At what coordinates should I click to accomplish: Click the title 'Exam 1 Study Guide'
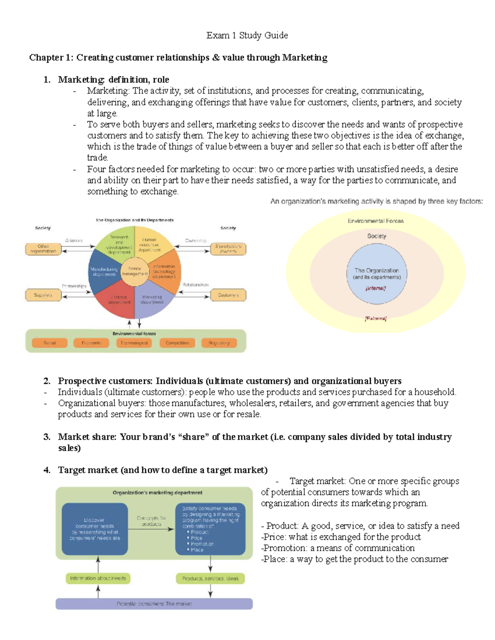(247, 35)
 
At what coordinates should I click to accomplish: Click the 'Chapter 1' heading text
(178, 58)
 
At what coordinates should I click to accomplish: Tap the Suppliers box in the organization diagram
(43, 295)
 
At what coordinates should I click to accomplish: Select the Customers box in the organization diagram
(228, 295)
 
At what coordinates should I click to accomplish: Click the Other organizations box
(43, 249)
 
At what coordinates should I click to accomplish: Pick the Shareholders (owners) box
(228, 249)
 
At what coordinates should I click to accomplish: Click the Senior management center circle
(134, 271)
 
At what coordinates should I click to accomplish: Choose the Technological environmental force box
(134, 343)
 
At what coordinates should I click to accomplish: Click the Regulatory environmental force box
(219, 343)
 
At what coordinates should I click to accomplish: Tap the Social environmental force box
(49, 343)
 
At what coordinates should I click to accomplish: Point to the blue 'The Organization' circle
(377, 274)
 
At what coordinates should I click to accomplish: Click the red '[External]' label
(375, 319)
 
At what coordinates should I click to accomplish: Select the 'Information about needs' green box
(98, 579)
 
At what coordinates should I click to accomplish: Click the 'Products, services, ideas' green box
(210, 579)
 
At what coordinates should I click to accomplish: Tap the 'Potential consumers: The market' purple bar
(154, 604)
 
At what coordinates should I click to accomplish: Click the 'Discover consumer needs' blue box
(94, 529)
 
